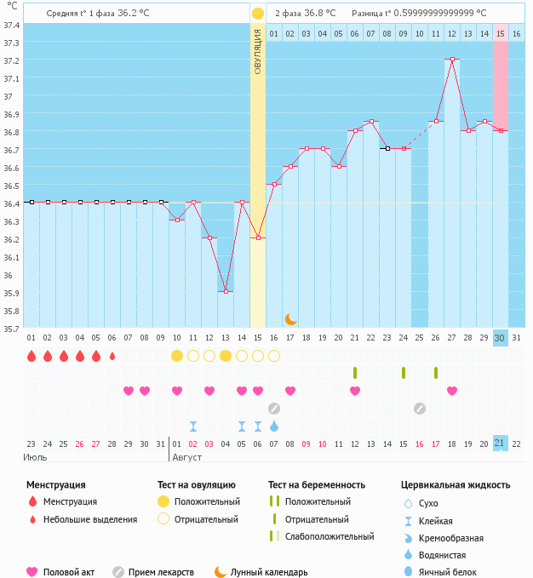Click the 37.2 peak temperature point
click(x=452, y=60)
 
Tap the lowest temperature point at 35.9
click(x=226, y=291)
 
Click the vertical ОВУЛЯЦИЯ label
click(x=258, y=51)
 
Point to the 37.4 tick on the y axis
click(x=11, y=25)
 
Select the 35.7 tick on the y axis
click(x=11, y=328)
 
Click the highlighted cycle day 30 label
click(x=501, y=338)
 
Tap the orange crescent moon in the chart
click(x=291, y=318)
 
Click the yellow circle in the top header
click(x=258, y=14)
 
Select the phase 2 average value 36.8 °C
click(x=320, y=14)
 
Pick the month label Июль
click(x=35, y=457)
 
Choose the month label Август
click(x=188, y=457)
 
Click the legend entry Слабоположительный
click(x=330, y=536)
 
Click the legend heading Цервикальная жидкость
click(x=456, y=484)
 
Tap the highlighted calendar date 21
click(x=501, y=444)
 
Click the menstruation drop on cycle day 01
click(x=32, y=356)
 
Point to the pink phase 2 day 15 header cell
click(x=501, y=33)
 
